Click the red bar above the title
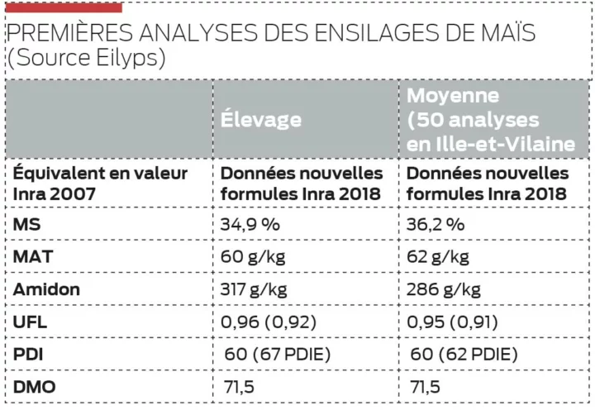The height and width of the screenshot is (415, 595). click(64, 7)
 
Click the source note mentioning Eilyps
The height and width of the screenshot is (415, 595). click(86, 59)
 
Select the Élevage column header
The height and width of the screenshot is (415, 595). click(260, 119)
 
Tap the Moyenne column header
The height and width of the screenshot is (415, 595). click(491, 119)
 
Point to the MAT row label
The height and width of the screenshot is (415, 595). click(33, 256)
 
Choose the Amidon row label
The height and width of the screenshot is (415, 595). click(46, 289)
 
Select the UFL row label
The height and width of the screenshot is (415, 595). click(29, 322)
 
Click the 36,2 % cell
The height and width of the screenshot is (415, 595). click(436, 224)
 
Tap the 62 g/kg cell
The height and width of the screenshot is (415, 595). click(438, 256)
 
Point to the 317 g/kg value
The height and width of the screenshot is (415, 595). click(256, 289)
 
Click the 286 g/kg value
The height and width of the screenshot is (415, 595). click(444, 289)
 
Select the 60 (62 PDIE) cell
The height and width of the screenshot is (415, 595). click(464, 354)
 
